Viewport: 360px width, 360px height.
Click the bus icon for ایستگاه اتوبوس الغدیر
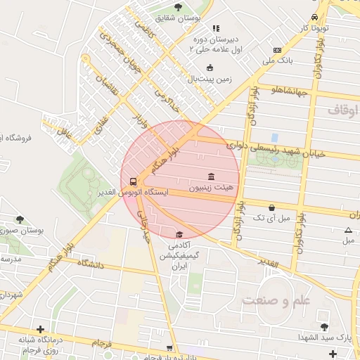[134, 181]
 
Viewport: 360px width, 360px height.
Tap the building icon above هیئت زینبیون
[211, 176]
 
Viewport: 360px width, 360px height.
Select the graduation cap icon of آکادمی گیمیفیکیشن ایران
[179, 234]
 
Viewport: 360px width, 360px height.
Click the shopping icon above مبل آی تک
[271, 207]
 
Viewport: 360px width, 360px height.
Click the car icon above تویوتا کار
[314, 17]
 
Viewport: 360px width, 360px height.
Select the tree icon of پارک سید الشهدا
[324, 326]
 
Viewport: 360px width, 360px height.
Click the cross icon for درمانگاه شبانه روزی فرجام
[41, 329]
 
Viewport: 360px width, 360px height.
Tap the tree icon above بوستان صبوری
[20, 219]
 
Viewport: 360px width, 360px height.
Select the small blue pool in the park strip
[274, 137]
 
